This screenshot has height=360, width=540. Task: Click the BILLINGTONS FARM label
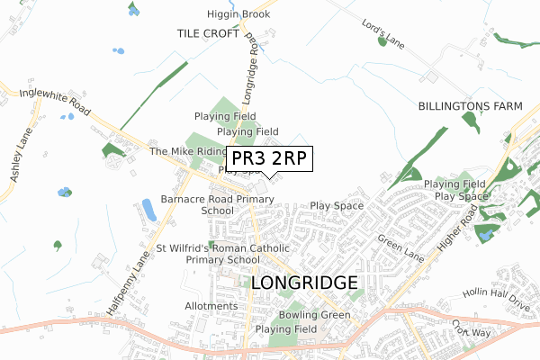click(x=470, y=106)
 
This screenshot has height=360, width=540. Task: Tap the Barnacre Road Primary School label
click(x=217, y=204)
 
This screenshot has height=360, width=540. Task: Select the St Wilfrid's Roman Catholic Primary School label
click(x=222, y=254)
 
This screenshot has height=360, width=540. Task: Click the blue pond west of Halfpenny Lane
click(x=148, y=211)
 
